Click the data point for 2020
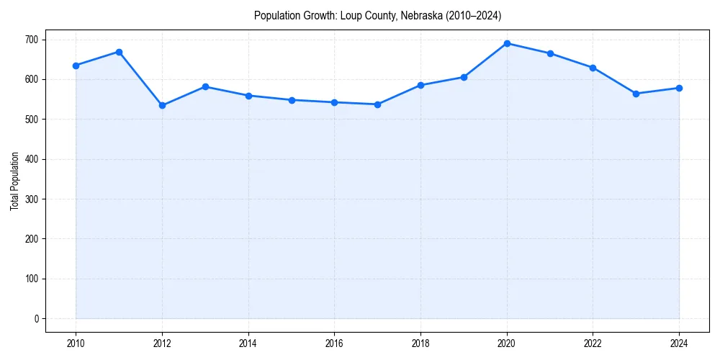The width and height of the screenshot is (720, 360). coord(507,43)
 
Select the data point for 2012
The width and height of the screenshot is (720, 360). coord(162,105)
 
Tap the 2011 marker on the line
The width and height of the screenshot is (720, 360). coord(119,52)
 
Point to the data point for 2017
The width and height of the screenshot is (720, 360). coord(377,104)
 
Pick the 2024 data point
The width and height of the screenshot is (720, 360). coord(679,88)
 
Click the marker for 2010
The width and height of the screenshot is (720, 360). coord(76,66)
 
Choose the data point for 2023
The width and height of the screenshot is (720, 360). coord(636,94)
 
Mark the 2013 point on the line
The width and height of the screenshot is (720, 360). coord(205,86)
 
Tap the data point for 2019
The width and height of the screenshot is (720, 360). coord(464,77)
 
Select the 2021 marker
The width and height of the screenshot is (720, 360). coord(550,53)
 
